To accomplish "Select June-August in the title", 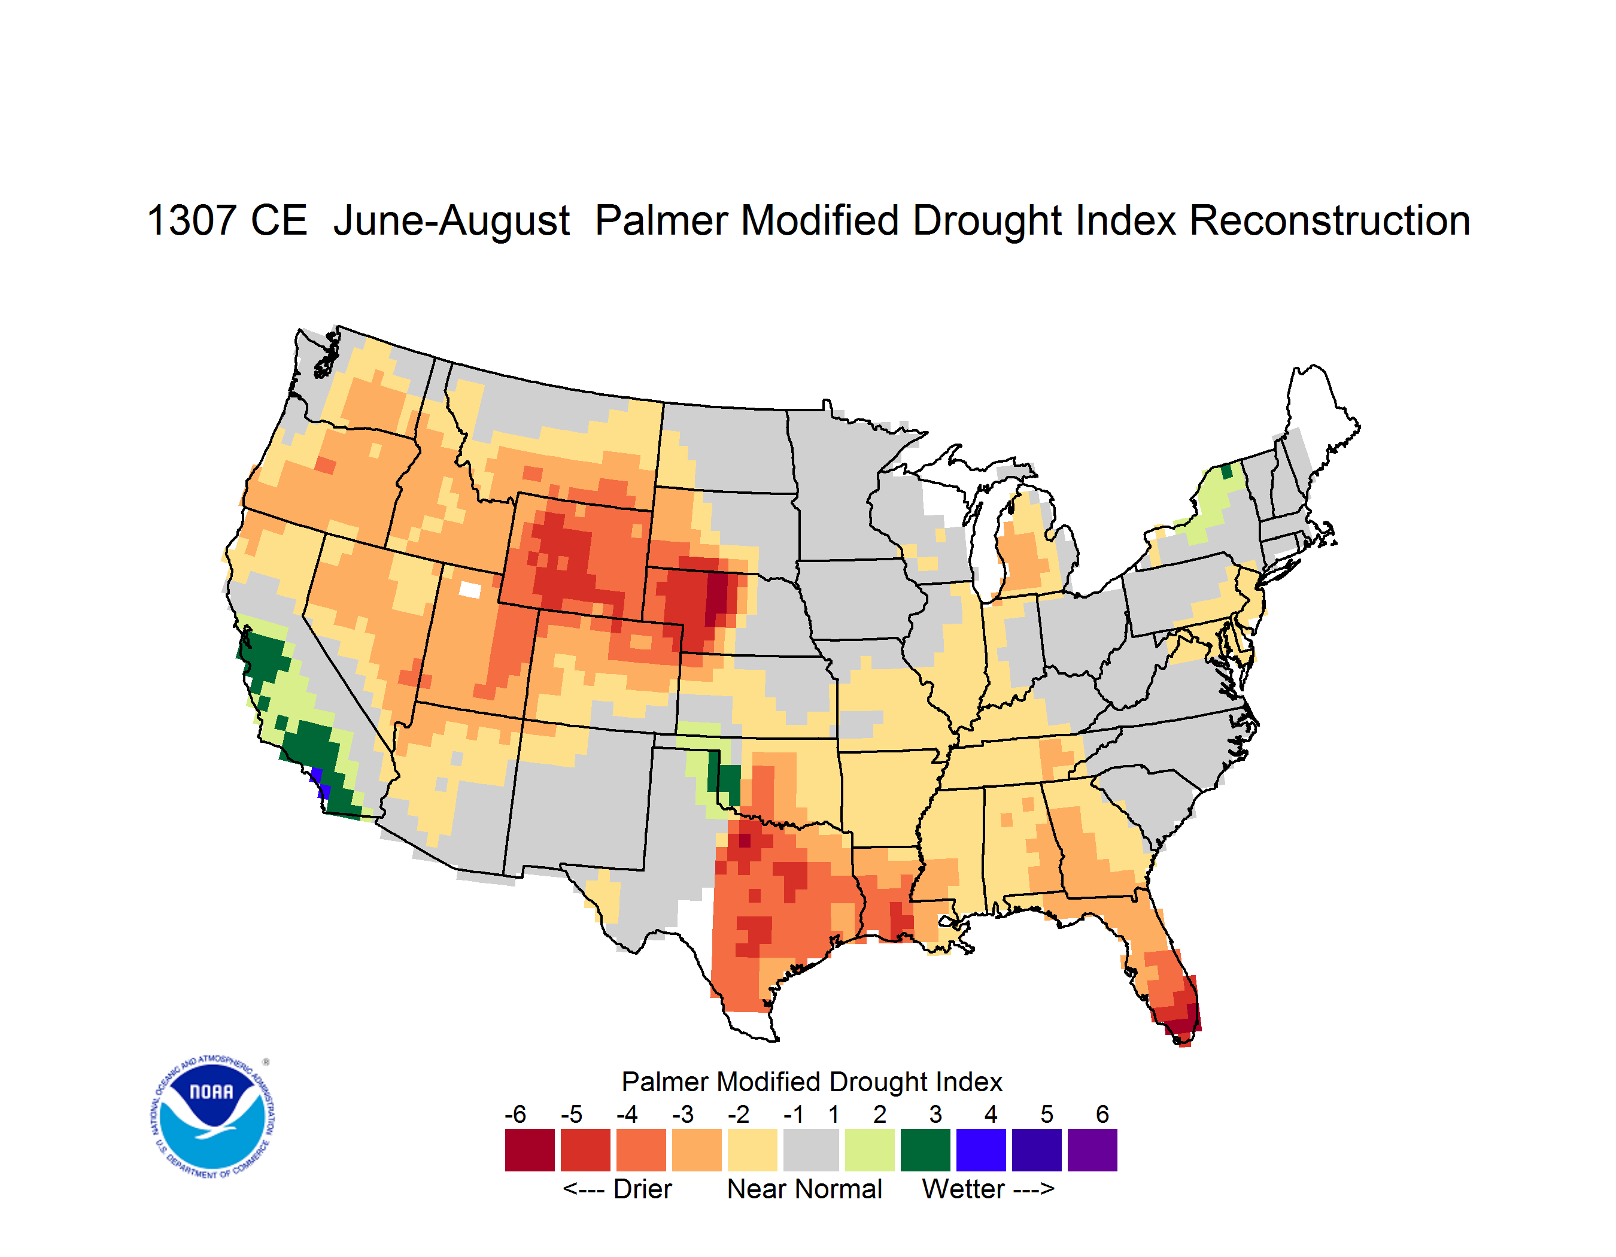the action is [451, 222].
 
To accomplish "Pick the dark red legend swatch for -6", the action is [530, 1150].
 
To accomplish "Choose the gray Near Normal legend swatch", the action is [812, 1150].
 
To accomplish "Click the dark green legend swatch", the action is [925, 1150].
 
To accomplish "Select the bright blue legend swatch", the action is [981, 1150].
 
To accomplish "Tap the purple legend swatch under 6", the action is [1092, 1150].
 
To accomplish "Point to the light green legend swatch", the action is [870, 1150].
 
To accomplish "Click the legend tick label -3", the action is [682, 1114].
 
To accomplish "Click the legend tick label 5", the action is [1047, 1114].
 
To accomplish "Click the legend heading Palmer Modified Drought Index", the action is [812, 1082].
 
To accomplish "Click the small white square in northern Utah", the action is [470, 590].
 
